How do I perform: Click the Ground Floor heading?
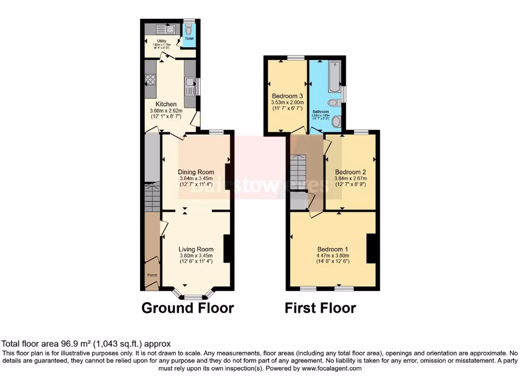coord(187,308)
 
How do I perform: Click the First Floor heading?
coord(320,308)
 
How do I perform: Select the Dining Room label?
coord(196,172)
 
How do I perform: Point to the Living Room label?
coord(196,249)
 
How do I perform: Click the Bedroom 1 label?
coord(333,249)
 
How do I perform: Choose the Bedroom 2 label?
coord(350,172)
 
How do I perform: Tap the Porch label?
coord(152,275)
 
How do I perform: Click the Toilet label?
coord(189,39)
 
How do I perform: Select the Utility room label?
coord(161,41)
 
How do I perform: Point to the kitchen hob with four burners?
coord(151,79)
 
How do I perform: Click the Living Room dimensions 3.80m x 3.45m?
coord(196,255)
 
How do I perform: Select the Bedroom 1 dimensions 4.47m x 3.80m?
coord(333,255)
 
